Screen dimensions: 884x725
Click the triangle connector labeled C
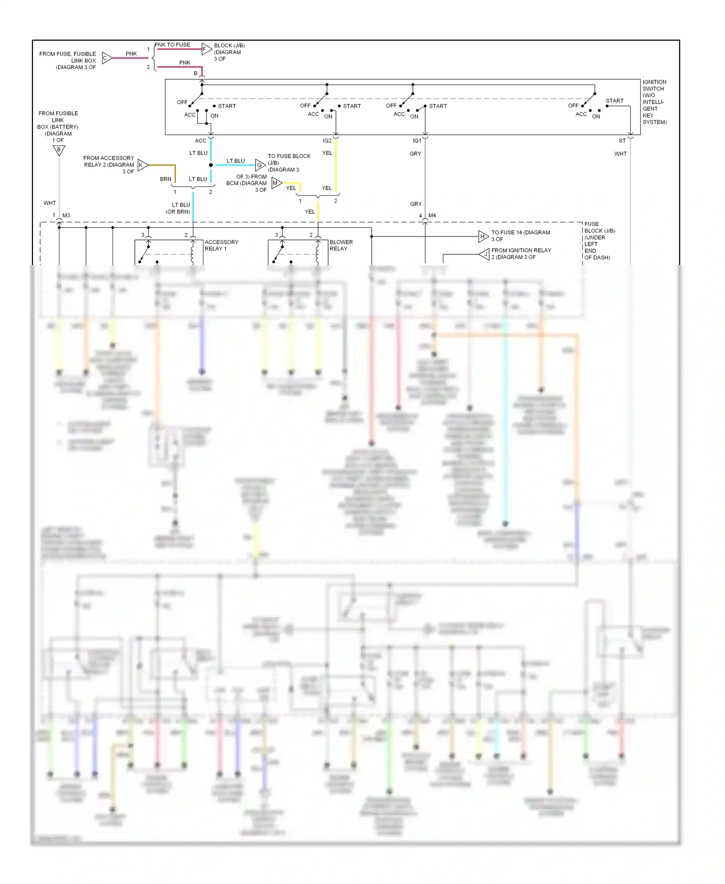point(107,58)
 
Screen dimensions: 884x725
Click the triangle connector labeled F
point(206,49)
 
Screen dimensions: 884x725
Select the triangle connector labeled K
point(142,165)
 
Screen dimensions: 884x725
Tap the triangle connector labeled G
point(260,165)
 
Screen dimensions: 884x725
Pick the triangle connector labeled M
point(276,183)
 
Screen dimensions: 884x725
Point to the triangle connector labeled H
point(483,236)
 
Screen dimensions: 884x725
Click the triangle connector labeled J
point(485,254)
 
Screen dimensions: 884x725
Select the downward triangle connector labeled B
point(59,150)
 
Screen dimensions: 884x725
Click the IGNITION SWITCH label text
point(654,102)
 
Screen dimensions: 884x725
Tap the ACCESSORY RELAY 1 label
point(221,245)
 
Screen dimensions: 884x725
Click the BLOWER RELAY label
point(341,245)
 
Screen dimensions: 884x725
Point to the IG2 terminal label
point(327,141)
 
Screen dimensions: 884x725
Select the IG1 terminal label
point(417,141)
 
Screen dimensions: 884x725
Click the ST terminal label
point(622,141)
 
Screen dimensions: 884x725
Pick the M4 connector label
point(432,215)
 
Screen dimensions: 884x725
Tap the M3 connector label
point(66,215)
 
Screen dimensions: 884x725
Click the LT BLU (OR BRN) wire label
point(178,208)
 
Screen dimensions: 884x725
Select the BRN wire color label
point(165,179)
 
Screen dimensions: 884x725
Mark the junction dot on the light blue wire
point(211,165)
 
